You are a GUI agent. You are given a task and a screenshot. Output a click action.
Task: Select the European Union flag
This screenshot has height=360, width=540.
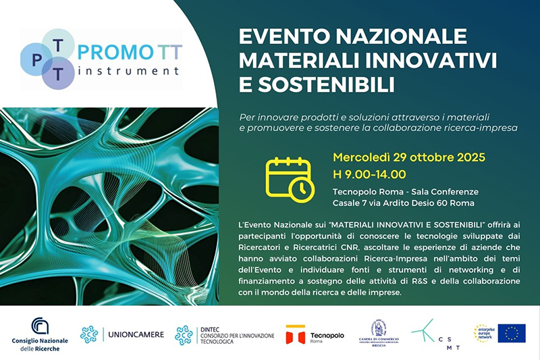tap(512, 333)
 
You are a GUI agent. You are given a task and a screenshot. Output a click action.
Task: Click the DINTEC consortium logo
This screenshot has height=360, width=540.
tap(223, 334)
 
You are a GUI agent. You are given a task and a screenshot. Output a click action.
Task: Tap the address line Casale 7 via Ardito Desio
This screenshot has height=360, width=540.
tap(403, 203)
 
